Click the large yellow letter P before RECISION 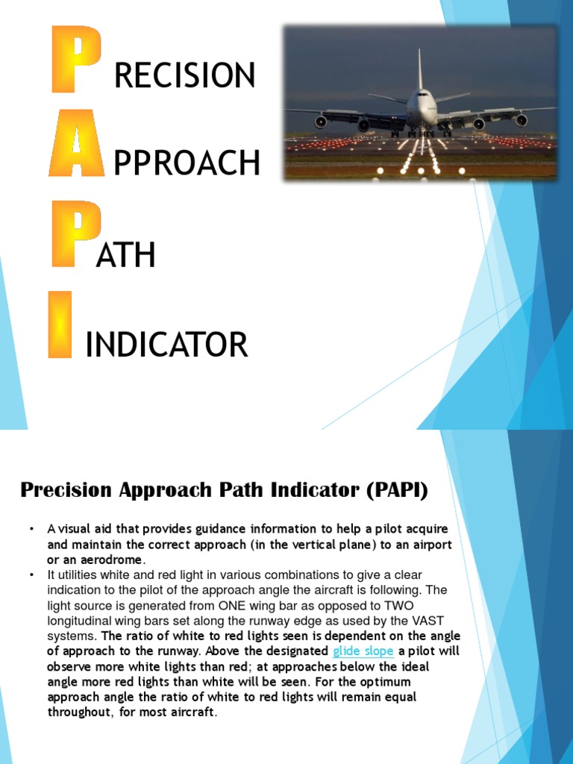coord(75,59)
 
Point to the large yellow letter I coord(60,324)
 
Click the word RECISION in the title coord(184,75)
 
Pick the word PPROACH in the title coord(187,163)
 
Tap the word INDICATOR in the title coord(166,345)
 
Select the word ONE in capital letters coord(246,605)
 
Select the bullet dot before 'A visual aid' coord(32,529)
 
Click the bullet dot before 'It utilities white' coord(32,574)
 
